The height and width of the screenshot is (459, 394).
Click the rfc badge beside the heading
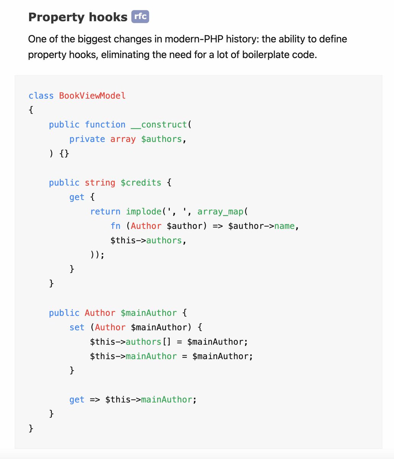pos(140,17)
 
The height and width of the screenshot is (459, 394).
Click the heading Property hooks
pos(78,17)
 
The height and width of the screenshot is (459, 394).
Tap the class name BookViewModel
pos(92,95)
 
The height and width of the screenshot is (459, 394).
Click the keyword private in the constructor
pos(87,139)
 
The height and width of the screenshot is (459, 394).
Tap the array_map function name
pos(220,212)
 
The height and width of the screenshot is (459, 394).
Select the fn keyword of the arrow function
pos(115,226)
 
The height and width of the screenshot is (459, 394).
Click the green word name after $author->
pos(284,226)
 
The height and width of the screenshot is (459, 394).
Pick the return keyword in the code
pos(105,212)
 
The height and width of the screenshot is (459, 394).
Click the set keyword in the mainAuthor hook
pos(77,327)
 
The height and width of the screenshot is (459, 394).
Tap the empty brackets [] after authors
pos(167,342)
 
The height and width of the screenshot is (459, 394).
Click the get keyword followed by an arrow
pos(77,400)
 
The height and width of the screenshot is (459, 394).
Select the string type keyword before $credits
pos(100,182)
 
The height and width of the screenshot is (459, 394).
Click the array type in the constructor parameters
pos(123,139)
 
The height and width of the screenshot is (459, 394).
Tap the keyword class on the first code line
pos(41,95)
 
